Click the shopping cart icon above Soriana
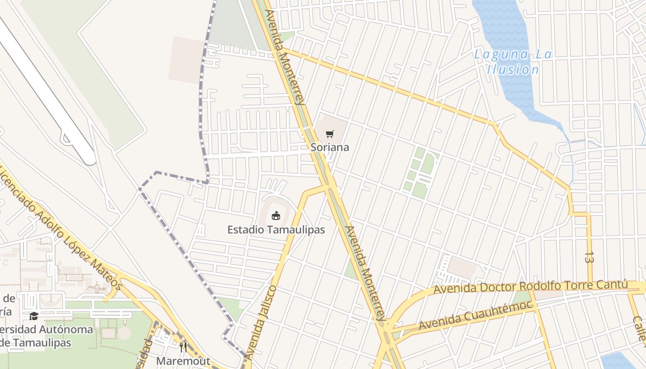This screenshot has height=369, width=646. (x=329, y=134)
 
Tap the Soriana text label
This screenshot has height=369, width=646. (x=329, y=148)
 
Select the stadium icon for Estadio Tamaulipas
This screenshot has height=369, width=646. (x=275, y=215)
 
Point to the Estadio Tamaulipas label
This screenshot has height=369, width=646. (x=276, y=230)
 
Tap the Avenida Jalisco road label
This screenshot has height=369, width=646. (x=260, y=323)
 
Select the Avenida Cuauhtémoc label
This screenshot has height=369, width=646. (x=475, y=315)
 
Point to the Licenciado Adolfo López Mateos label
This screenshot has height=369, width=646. (x=60, y=228)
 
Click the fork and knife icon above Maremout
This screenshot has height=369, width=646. (x=183, y=347)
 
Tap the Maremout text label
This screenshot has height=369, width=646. (x=183, y=361)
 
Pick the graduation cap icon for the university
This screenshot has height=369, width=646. (x=34, y=316)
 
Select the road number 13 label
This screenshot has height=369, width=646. (x=589, y=257)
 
